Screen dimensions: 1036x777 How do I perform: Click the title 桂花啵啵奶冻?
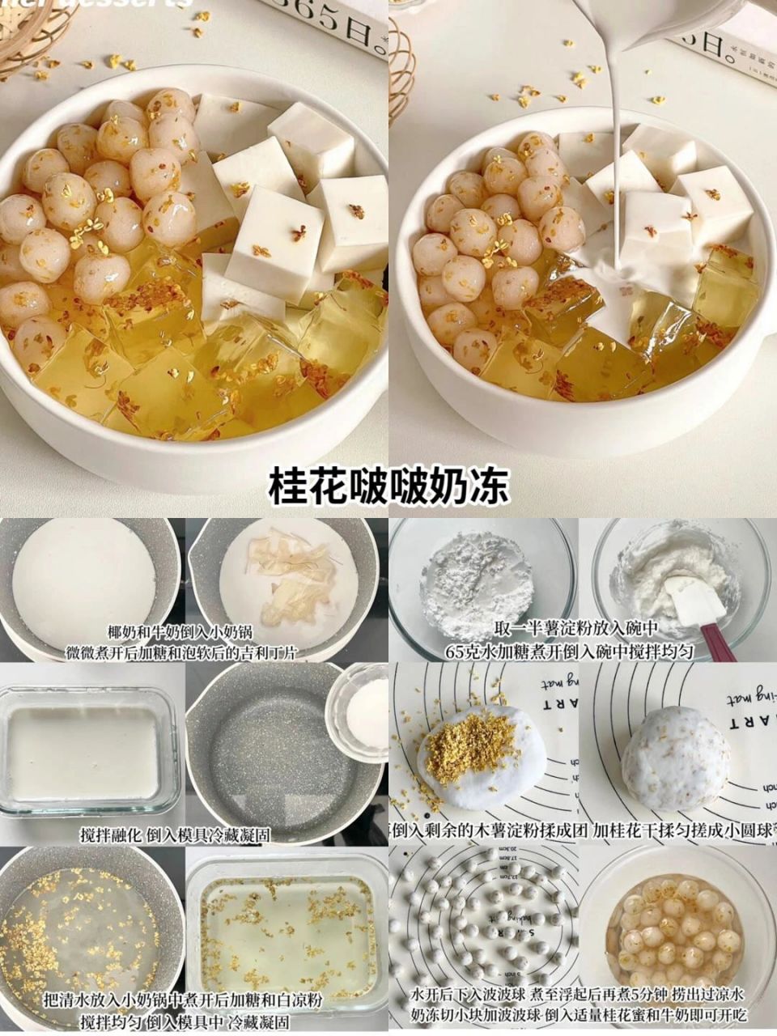(x=388, y=485)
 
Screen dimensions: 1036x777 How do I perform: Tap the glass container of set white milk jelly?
(x=85, y=753)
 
